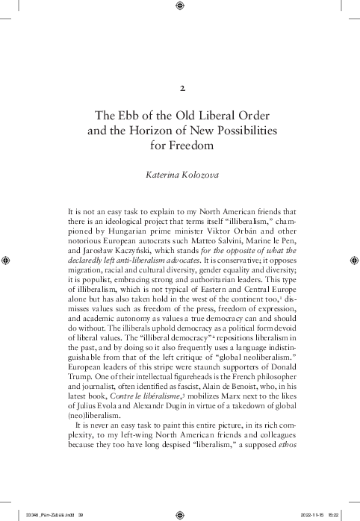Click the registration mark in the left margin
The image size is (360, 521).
(7, 260)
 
